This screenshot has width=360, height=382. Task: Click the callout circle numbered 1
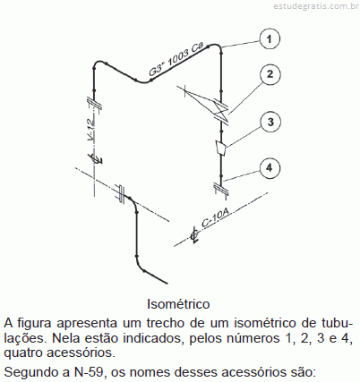pos(270,39)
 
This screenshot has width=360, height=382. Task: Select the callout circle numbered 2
pos(270,74)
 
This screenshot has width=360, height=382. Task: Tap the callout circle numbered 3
pos(270,122)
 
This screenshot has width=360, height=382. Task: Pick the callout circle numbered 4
pos(270,168)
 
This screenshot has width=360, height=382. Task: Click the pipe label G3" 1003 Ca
pos(176,59)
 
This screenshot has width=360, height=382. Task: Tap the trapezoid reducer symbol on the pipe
pos(221,148)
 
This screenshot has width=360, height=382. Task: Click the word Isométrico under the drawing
pos(178,304)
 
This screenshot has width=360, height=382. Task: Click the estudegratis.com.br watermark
pos(316,6)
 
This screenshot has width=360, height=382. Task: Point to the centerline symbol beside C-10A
pos(194,235)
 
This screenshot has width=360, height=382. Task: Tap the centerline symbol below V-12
pos(98,157)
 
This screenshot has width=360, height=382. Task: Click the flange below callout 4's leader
pos(221,189)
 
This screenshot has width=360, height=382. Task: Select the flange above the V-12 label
pos(94,104)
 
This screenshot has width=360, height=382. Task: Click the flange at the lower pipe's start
pos(121,194)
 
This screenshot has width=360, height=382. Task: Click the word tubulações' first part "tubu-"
pos(337,323)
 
